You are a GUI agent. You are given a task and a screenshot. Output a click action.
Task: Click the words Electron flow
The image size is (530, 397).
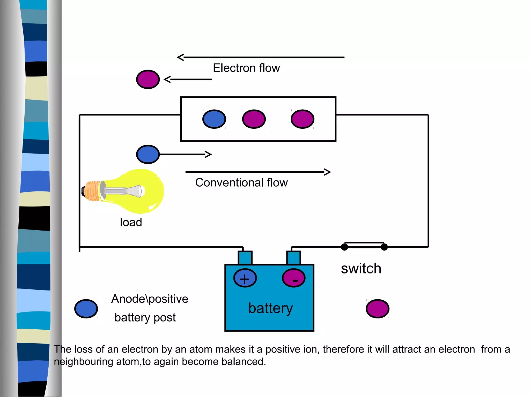coord(246,68)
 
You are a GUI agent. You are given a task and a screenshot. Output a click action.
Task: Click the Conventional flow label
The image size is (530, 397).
coord(241,182)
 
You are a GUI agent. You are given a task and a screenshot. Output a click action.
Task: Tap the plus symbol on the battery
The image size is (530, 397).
coord(245,279)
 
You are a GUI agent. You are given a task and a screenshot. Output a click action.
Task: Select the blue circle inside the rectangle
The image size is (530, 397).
coord(214,119)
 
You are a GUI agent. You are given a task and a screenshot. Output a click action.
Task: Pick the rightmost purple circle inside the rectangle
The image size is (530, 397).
coord(302,119)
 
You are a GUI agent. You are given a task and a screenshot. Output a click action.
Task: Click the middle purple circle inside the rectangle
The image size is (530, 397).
coord(254,119)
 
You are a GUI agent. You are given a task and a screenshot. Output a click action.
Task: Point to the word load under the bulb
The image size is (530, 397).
coord(131,222)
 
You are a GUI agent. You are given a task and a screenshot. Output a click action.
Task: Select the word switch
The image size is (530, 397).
coord(361,269)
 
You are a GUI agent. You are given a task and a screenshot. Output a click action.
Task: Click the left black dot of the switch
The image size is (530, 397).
coord(344,247)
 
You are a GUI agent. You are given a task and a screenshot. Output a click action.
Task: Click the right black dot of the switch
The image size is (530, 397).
coord(384,247)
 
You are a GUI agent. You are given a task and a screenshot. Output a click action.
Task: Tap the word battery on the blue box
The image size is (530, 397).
coord(270,308)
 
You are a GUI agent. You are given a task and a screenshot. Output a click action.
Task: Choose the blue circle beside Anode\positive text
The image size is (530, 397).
coord(86,309)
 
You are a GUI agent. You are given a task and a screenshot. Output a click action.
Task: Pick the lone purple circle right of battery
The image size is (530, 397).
coord(378,309)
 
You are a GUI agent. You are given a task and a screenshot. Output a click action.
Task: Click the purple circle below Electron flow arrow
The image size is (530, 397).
coord(148,79)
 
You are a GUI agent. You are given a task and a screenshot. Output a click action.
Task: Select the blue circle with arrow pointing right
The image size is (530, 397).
coord(148,154)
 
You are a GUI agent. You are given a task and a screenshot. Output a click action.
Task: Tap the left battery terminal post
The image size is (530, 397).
coord(245,258)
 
